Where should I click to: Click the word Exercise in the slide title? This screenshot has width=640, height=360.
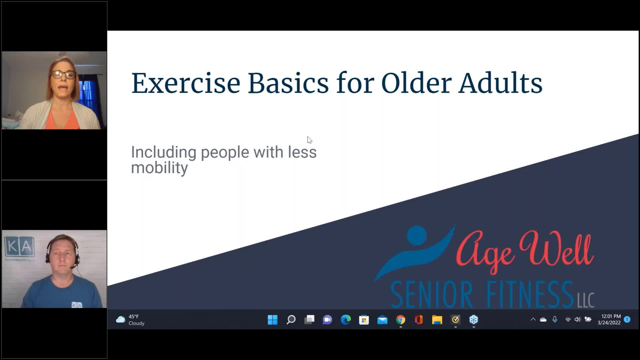[x=186, y=83]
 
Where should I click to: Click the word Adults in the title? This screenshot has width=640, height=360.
[x=500, y=83]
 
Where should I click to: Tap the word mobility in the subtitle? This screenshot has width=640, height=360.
[x=159, y=168]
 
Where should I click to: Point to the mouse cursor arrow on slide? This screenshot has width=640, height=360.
[x=309, y=140]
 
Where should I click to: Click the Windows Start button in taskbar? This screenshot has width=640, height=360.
[x=272, y=320]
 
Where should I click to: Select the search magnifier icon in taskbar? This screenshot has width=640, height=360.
[x=291, y=320]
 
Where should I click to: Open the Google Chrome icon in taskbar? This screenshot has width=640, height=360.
[x=401, y=320]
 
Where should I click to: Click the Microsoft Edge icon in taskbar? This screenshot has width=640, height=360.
[x=346, y=320]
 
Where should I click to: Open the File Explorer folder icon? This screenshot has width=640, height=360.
[x=437, y=320]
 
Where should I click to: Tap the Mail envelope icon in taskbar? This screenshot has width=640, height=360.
[x=382, y=320]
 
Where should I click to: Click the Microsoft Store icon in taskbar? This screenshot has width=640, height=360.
[x=364, y=320]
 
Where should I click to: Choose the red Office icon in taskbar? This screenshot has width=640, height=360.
[x=419, y=320]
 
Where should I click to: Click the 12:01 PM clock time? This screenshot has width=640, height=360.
[x=611, y=316]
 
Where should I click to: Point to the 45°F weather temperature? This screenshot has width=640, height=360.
[x=134, y=316]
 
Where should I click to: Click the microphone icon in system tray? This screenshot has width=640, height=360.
[x=555, y=319]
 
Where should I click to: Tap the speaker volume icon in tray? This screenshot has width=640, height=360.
[x=577, y=319]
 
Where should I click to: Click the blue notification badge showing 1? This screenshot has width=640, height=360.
[x=627, y=319]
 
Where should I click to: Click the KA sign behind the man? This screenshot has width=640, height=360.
[x=19, y=247]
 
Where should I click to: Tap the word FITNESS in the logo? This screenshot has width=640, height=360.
[x=530, y=295]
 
